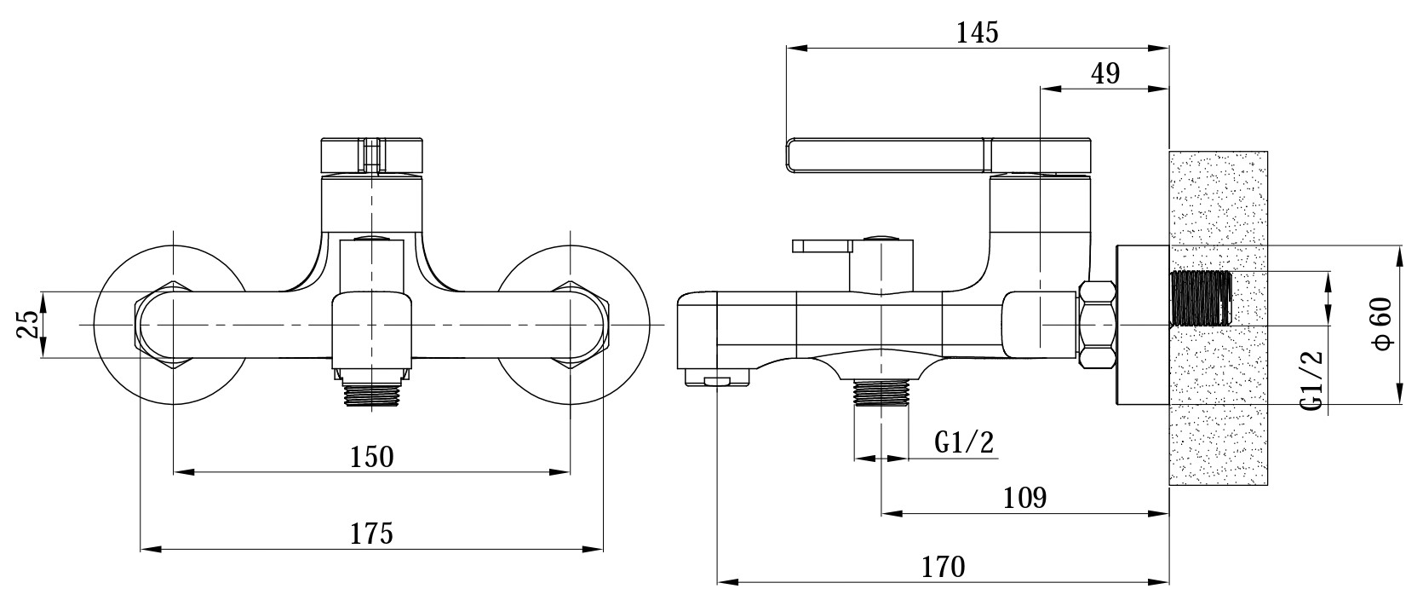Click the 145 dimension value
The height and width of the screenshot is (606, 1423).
coord(978,32)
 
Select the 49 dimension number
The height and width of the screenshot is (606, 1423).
coord(1105,74)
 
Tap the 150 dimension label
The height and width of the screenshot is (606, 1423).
coord(371,457)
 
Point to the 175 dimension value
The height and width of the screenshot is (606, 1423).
coord(371,533)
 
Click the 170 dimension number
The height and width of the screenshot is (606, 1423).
coord(944,566)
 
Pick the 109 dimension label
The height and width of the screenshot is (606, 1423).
coord(1024,497)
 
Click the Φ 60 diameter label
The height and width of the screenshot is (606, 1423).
coord(1383,324)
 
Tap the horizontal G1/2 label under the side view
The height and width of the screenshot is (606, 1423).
coord(964,442)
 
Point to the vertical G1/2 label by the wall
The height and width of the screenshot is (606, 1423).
coord(1311,380)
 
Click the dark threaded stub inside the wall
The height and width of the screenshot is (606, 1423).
coord(1201,298)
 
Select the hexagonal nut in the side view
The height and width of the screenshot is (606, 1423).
coord(1097,324)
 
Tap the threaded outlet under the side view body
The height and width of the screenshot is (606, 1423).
coord(881,392)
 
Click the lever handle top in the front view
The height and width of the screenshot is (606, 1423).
coord(371,155)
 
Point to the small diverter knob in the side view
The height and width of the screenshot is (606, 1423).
coord(822,246)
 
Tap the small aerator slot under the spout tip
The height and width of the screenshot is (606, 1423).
coord(717,382)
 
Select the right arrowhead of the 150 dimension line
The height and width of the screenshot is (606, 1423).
coord(560,472)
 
